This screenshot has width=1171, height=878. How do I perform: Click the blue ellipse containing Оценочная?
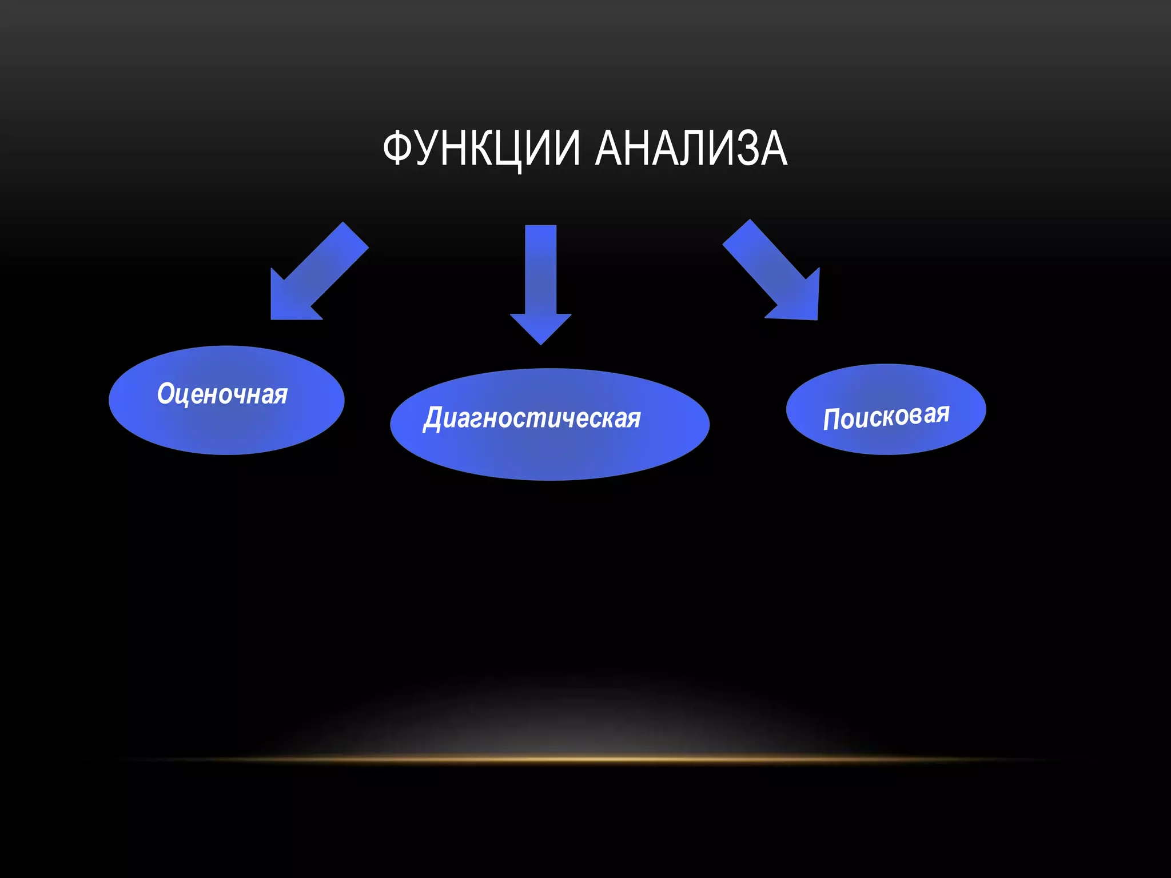(226, 426)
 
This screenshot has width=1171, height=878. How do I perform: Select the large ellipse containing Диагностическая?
(549, 452)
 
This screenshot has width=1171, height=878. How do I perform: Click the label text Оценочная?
(222, 394)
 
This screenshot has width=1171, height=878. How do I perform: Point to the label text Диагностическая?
(532, 418)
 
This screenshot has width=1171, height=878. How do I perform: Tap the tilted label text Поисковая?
(886, 416)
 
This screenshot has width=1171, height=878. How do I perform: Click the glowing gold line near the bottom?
(585, 759)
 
